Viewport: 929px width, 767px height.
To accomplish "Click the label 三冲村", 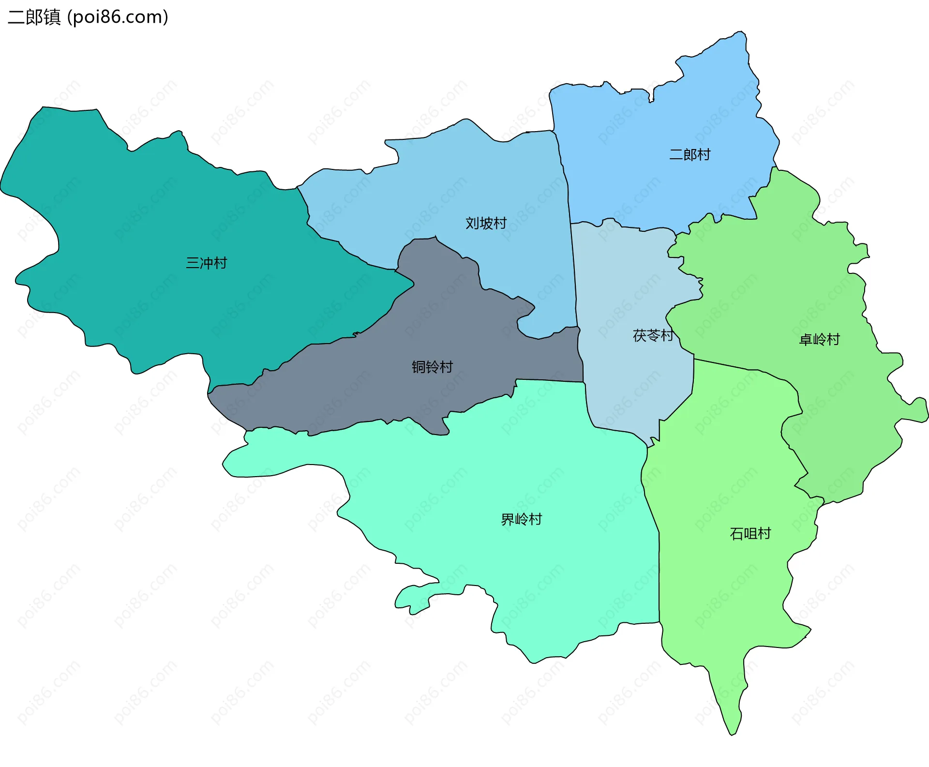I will tap(207, 263).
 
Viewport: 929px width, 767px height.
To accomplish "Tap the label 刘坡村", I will tap(486, 223).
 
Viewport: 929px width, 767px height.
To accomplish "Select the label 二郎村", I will tap(689, 155).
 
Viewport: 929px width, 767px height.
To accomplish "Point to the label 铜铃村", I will tap(432, 367).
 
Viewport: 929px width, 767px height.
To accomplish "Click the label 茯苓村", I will tap(653, 335).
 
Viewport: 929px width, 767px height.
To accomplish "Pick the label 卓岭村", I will tap(819, 340).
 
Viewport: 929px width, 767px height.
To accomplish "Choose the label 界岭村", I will tap(521, 520).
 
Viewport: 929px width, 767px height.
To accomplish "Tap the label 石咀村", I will tap(750, 534).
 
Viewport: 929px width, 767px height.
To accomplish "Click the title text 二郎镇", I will tap(34, 17).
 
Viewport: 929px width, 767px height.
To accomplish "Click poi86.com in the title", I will tap(118, 17).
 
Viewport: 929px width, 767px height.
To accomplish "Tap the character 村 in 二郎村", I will tap(704, 155).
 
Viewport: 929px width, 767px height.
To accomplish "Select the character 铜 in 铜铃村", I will tap(419, 367).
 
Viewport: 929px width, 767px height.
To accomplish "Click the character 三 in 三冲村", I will tap(193, 263).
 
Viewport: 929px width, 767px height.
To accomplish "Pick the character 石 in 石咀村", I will tap(736, 534).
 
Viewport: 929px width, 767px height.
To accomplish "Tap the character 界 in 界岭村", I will tap(508, 520).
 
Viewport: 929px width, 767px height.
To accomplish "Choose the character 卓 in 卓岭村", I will tap(806, 340).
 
